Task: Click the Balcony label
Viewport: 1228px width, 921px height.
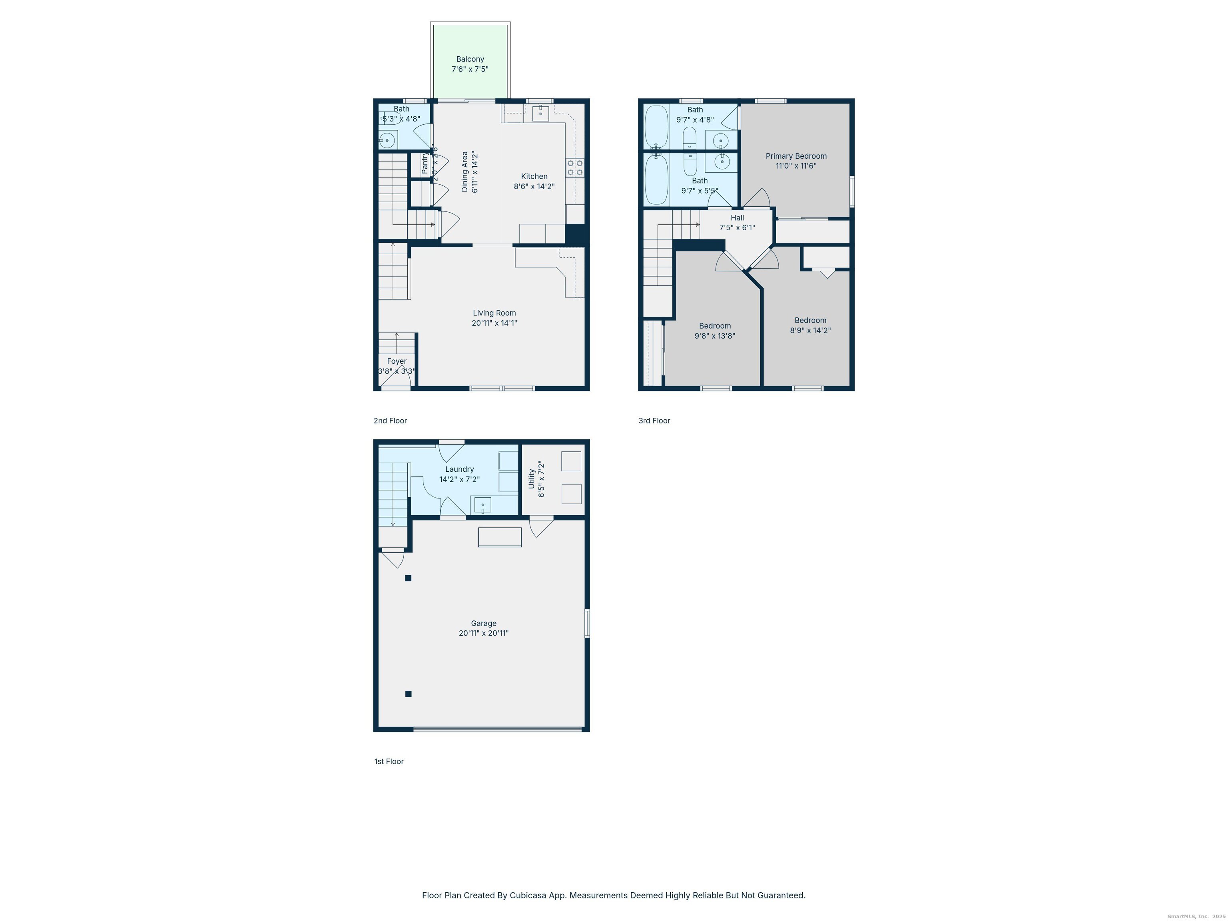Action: (470, 59)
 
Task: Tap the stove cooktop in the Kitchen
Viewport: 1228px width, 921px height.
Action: (574, 167)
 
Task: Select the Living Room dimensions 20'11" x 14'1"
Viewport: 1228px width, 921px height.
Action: (494, 323)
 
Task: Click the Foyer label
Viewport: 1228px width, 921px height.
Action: (397, 361)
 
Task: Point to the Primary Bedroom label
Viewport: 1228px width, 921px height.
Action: (795, 156)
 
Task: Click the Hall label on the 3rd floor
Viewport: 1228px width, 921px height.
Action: (737, 217)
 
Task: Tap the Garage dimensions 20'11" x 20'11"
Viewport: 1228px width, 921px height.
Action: (483, 633)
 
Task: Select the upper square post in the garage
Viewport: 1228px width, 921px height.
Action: (408, 578)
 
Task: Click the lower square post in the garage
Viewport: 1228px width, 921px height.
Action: (408, 694)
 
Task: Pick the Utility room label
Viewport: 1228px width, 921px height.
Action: (531, 478)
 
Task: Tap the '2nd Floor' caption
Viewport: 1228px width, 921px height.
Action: (390, 421)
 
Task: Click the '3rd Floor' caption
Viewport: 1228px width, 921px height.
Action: (654, 421)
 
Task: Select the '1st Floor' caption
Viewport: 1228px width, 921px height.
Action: (389, 761)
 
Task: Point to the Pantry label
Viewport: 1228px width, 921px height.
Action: (425, 164)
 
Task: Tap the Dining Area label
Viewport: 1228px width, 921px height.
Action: (464, 172)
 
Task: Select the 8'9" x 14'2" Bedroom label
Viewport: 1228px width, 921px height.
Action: (810, 320)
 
